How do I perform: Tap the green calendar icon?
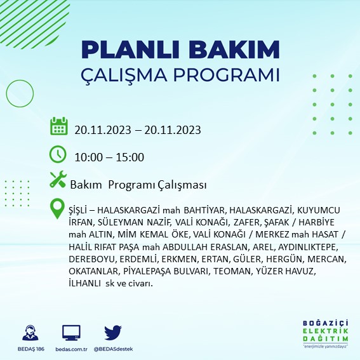point(58,126)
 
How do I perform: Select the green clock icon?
point(58,154)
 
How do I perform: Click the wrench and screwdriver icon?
point(58,180)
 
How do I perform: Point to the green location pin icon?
point(58,209)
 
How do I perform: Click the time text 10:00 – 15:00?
point(109,157)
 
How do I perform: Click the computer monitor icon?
point(72,332)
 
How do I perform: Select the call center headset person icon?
point(29,332)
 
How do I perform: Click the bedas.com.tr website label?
point(72,348)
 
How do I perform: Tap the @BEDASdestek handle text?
point(113,348)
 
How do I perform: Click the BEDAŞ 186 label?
point(29,348)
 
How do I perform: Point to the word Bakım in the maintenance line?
point(83,185)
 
